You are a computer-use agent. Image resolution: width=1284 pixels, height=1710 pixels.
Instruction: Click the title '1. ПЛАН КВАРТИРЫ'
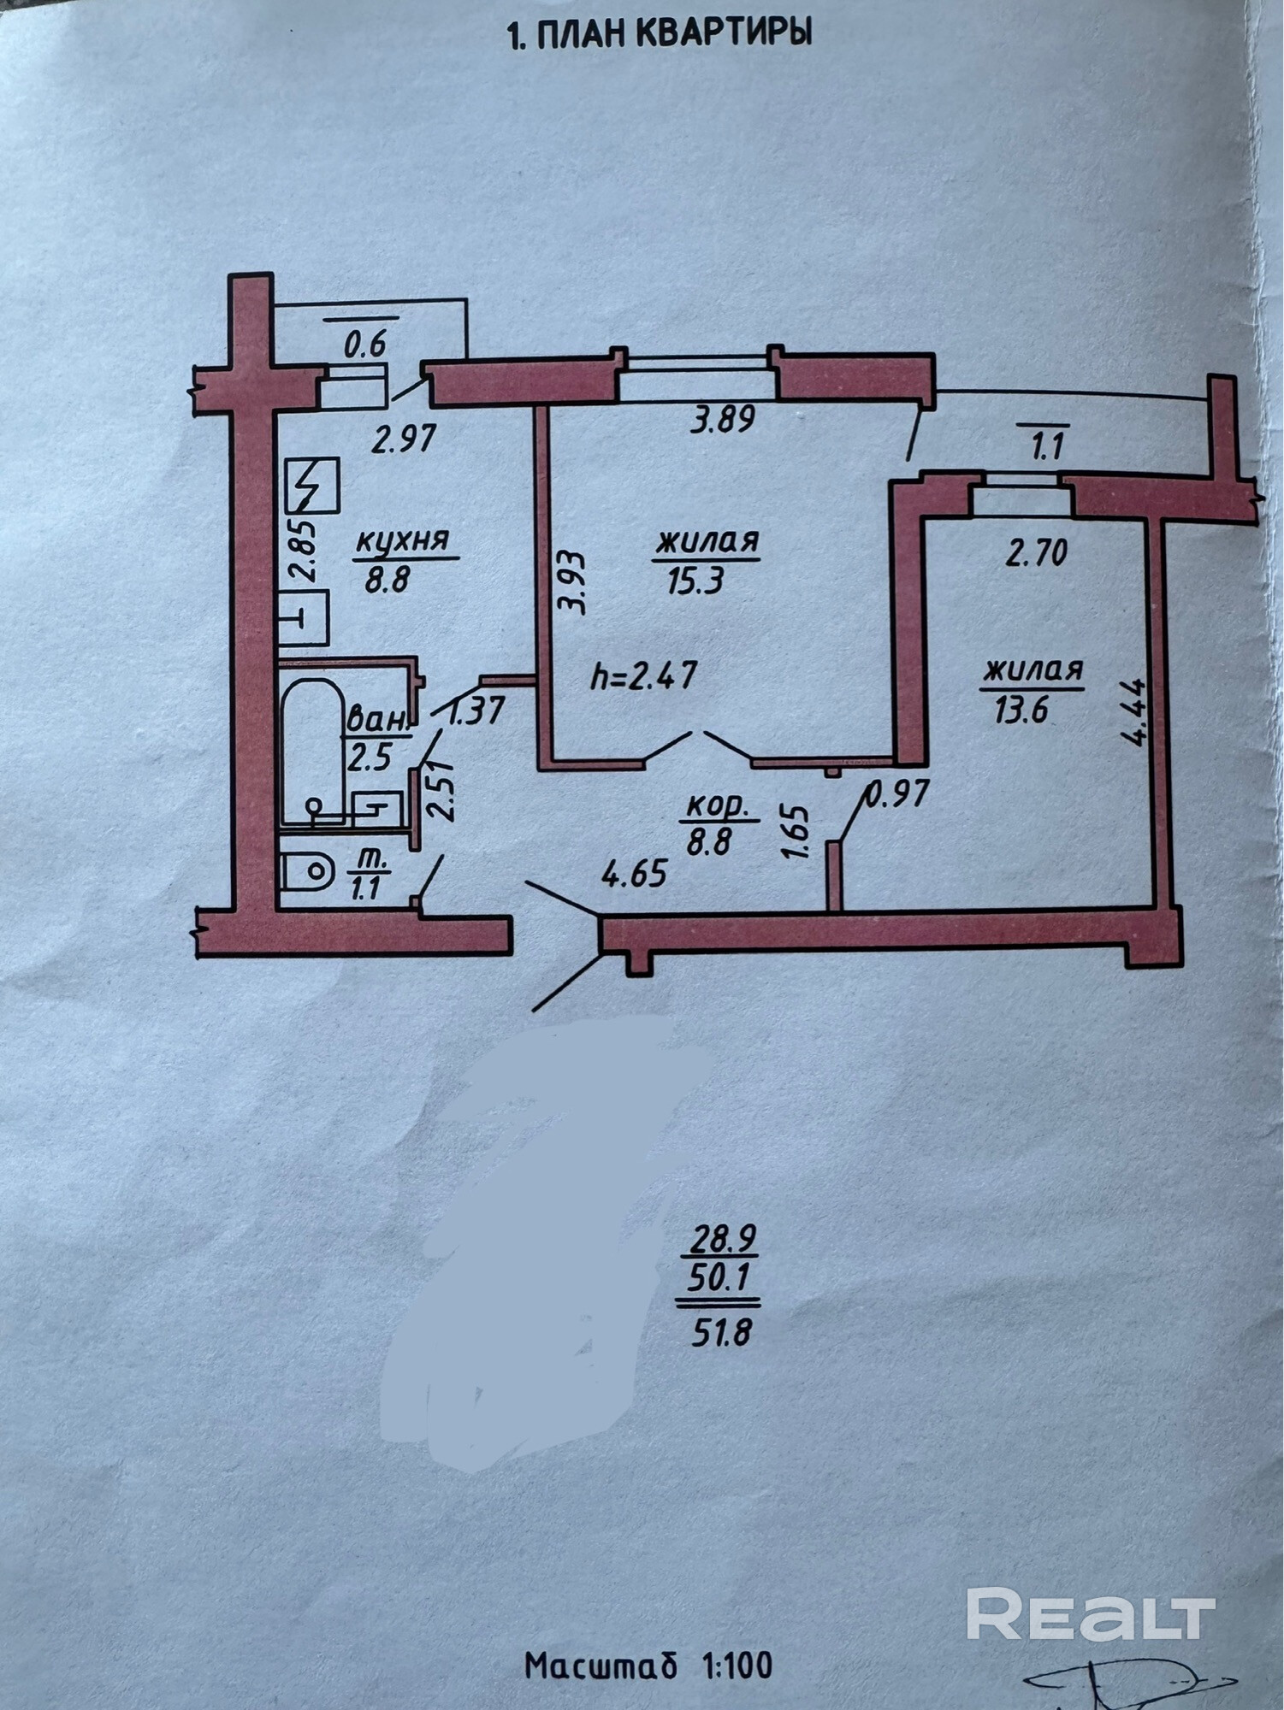659,34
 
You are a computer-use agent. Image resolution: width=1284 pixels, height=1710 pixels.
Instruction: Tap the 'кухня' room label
401,541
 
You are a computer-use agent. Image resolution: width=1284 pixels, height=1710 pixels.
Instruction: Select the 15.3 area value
694,581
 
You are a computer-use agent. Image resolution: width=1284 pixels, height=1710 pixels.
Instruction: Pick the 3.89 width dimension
724,421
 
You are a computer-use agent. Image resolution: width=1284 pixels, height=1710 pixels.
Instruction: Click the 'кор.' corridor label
718,805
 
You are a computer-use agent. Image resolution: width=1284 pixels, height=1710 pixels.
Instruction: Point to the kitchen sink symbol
304,616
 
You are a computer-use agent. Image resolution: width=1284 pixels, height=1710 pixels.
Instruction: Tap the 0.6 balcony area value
365,344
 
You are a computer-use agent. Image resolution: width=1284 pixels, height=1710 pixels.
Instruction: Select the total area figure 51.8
720,1331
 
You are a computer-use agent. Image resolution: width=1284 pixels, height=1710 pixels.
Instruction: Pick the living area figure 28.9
719,1238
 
